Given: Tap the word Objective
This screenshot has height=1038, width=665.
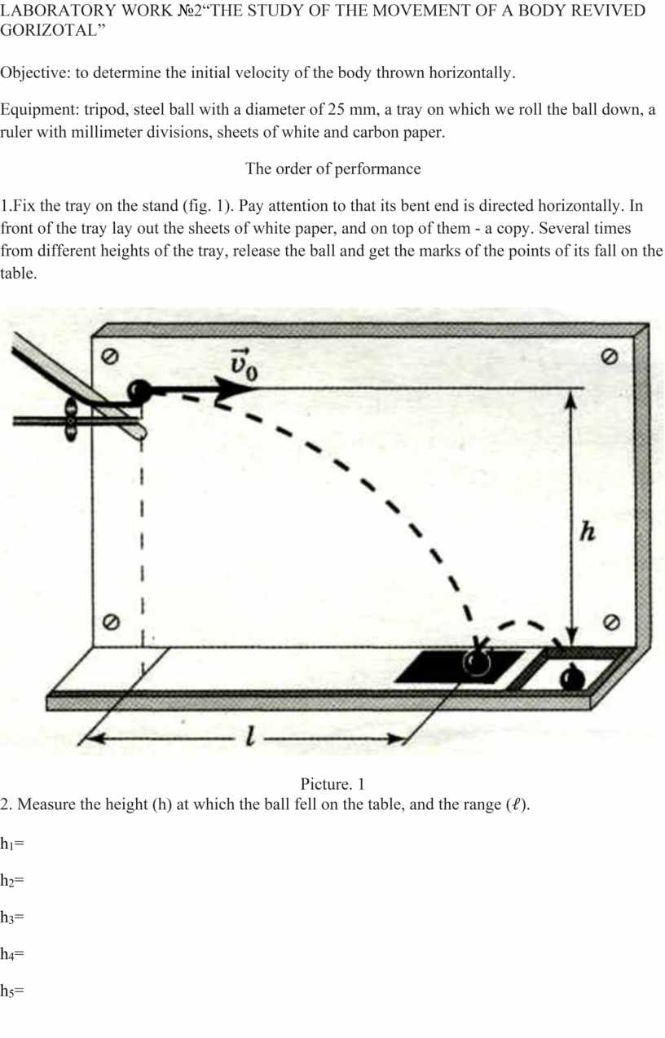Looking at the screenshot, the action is click(33, 73).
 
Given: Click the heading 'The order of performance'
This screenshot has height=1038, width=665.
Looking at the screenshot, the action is click(333, 169).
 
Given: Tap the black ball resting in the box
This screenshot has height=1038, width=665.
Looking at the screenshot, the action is click(573, 678).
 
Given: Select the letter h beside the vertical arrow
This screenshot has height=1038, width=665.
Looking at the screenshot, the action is click(588, 531).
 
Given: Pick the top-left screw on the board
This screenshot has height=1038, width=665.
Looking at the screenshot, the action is click(109, 357).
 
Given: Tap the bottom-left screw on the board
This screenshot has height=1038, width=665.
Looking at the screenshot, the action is click(110, 622).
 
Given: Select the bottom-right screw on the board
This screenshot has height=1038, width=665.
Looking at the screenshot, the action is click(612, 622).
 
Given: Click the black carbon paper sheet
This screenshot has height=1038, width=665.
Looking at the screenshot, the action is click(459, 667).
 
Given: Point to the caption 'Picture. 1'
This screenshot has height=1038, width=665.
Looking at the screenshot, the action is click(332, 784).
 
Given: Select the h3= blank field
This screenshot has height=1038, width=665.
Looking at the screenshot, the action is click(11, 917).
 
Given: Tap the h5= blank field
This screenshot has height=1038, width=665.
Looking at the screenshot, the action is click(11, 990).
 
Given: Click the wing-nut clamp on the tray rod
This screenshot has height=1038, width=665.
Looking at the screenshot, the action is click(71, 420).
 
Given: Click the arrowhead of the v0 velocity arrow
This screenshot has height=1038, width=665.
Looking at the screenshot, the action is click(234, 389).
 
